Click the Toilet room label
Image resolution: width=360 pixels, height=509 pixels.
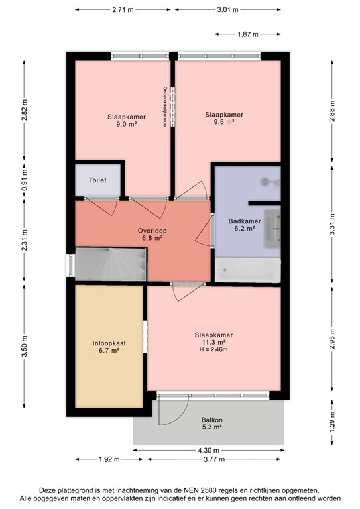click(97, 180)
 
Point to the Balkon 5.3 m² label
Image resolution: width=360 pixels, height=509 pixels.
click(212, 424)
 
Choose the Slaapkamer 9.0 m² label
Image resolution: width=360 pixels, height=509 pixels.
click(122, 119)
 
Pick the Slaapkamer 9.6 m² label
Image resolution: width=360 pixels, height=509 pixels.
click(223, 118)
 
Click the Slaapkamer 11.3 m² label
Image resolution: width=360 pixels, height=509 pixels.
click(213, 338)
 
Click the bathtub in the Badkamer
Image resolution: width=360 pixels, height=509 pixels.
click(247, 271)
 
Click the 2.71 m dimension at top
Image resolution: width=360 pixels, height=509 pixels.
click(124, 10)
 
